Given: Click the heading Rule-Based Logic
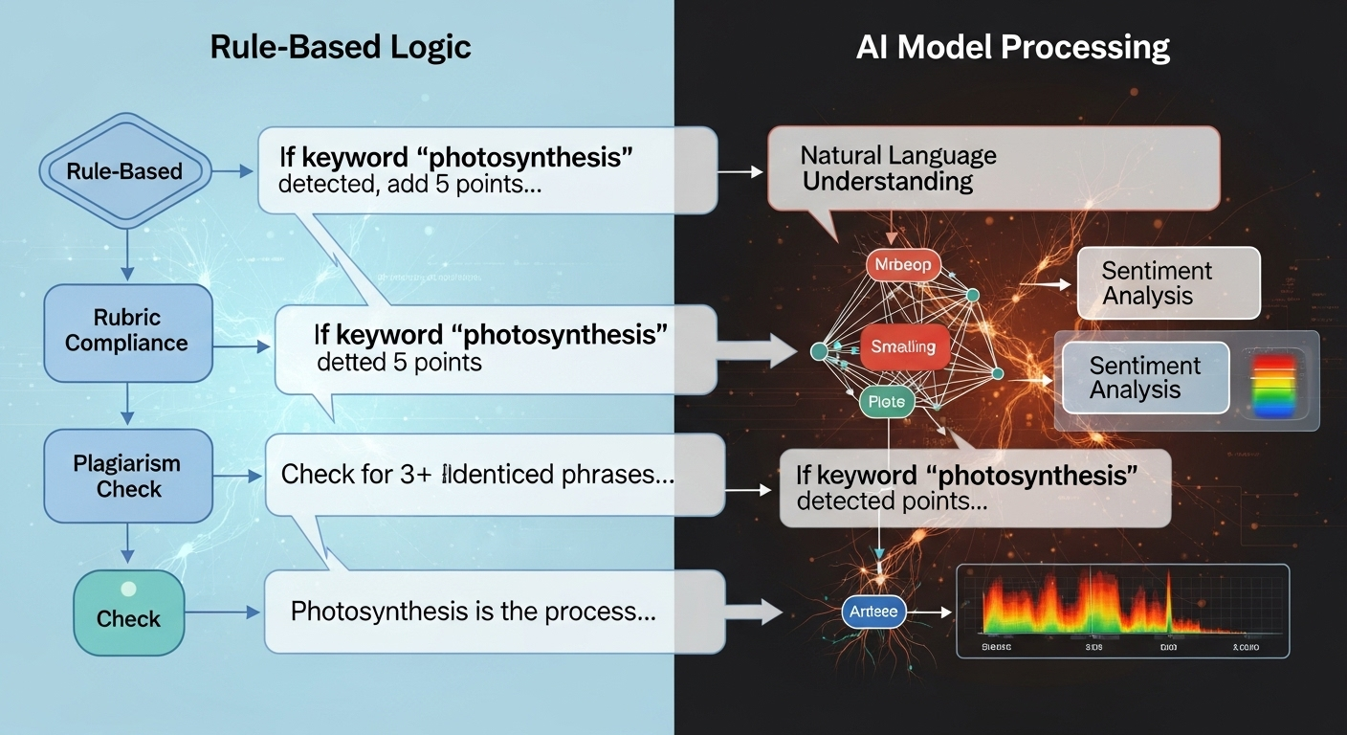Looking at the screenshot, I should click(x=341, y=47).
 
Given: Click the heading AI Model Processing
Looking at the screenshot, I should click(x=1013, y=47).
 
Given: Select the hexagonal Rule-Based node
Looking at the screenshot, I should click(x=124, y=171).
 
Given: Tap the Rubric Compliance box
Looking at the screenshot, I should click(x=127, y=331).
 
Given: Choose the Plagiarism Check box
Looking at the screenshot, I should click(x=127, y=477).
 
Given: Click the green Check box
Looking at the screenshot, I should click(x=128, y=612).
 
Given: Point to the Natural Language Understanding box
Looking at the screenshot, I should click(x=993, y=168).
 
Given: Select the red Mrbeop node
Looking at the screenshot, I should click(x=903, y=265).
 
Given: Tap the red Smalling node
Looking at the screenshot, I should click(x=903, y=346).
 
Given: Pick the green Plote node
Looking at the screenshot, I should click(x=886, y=402).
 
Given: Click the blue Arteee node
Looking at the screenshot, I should click(x=874, y=611).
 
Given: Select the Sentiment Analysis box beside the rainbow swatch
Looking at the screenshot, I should click(x=1144, y=378).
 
